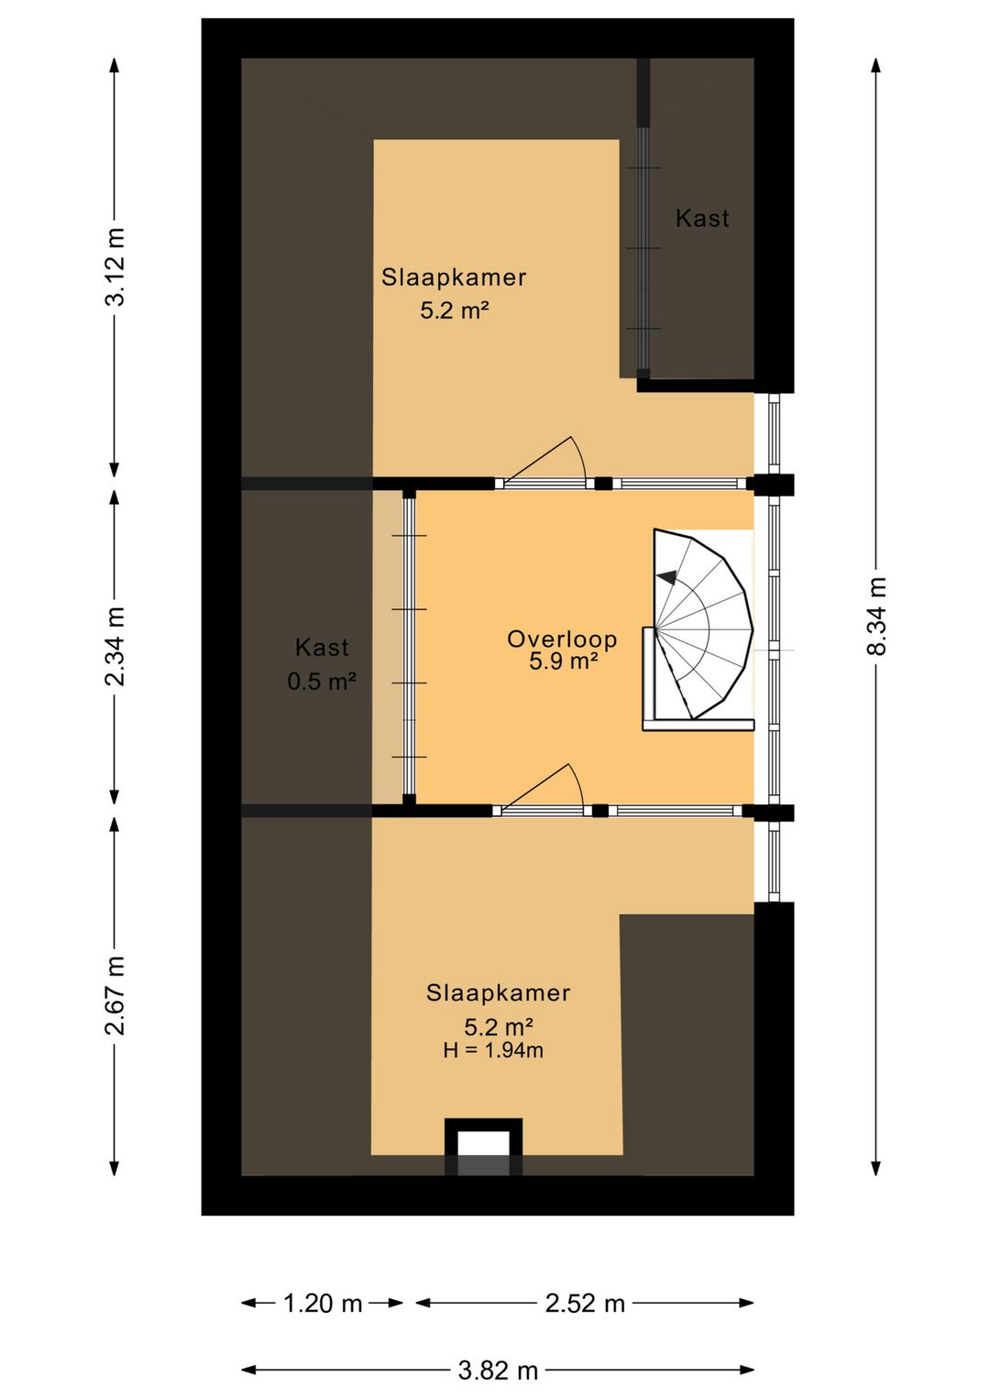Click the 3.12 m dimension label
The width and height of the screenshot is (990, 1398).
click(115, 267)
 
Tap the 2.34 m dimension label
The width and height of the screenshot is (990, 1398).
click(115, 646)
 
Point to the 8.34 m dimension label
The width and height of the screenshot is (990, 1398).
click(876, 616)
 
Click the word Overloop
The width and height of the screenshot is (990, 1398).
click(562, 639)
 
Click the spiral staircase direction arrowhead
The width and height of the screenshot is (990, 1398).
click(666, 578)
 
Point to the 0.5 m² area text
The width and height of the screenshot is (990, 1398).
click(322, 682)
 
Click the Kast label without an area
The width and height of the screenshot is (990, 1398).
click(702, 218)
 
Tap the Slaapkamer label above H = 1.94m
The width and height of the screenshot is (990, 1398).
click(498, 993)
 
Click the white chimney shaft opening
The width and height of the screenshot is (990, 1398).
click(483, 1146)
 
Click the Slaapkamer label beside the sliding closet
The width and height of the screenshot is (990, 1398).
click(454, 278)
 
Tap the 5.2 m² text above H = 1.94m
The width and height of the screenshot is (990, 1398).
click(498, 1027)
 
